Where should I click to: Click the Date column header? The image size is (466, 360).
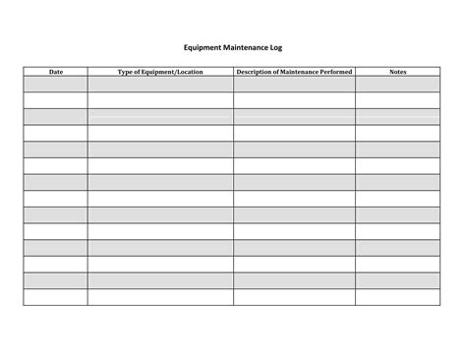point(56,72)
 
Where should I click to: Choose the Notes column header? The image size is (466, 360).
point(398,72)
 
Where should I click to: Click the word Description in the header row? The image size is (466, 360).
point(258,72)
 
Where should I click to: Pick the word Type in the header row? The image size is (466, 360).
point(127,72)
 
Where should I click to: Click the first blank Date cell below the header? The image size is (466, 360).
point(56,84)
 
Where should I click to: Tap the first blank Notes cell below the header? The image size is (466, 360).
point(398,84)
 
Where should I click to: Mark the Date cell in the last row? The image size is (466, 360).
point(56,297)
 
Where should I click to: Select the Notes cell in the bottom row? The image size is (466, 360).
point(398,297)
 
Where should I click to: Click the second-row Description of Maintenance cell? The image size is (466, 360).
point(294,100)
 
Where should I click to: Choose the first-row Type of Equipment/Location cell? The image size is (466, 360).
point(160,84)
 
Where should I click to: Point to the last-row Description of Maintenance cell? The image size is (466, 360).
point(294,297)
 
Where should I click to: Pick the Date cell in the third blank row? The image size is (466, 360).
point(56,116)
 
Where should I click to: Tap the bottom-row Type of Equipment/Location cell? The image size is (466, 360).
point(160,297)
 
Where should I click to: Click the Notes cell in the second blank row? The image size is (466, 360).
point(398,100)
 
